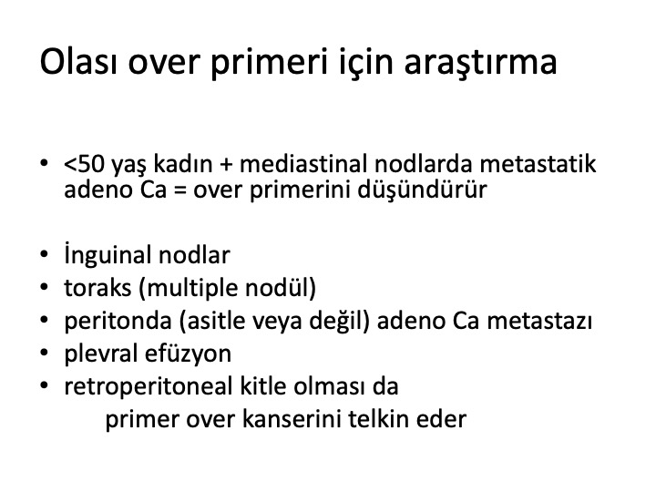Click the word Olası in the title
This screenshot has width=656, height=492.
pos(79,62)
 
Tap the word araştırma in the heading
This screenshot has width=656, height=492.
pos(480,64)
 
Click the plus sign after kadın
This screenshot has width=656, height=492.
pos(226,164)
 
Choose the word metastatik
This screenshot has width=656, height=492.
pos(538,164)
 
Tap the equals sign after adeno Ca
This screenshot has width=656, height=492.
pos(179,190)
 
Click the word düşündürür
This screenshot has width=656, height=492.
pos(422,190)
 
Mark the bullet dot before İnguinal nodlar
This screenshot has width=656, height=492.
pos(45,254)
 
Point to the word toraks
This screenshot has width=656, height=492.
pos(97,288)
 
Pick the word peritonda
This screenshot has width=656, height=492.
pos(118,322)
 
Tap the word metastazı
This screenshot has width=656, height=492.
pos(539,322)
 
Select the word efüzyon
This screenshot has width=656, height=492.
pos(189,354)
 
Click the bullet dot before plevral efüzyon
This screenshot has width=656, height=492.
pos(45,353)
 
